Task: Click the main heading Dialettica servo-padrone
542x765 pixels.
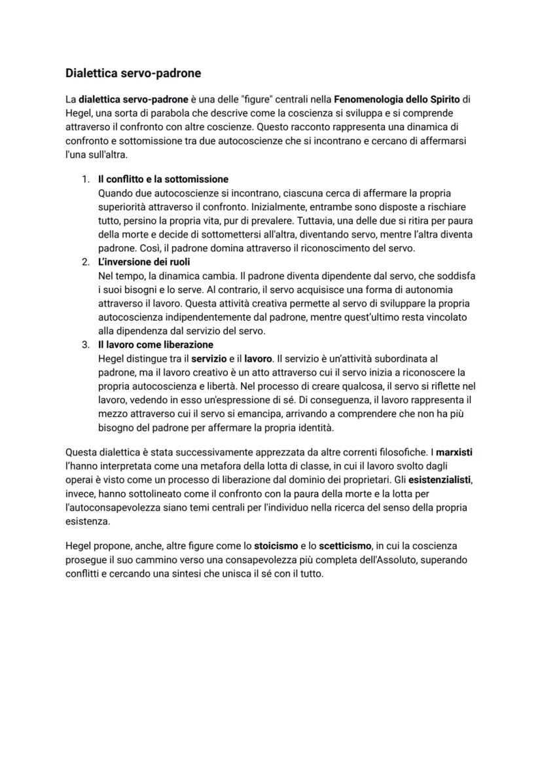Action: click(133, 73)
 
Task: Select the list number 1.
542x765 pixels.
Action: click(85, 179)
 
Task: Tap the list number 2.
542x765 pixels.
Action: click(85, 262)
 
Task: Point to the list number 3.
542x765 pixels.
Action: click(85, 345)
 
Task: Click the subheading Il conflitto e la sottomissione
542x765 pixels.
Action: click(163, 179)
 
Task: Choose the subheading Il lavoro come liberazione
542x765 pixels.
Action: click(155, 345)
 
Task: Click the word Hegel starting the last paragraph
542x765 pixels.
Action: click(79, 546)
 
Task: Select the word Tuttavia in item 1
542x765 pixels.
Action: click(333, 221)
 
